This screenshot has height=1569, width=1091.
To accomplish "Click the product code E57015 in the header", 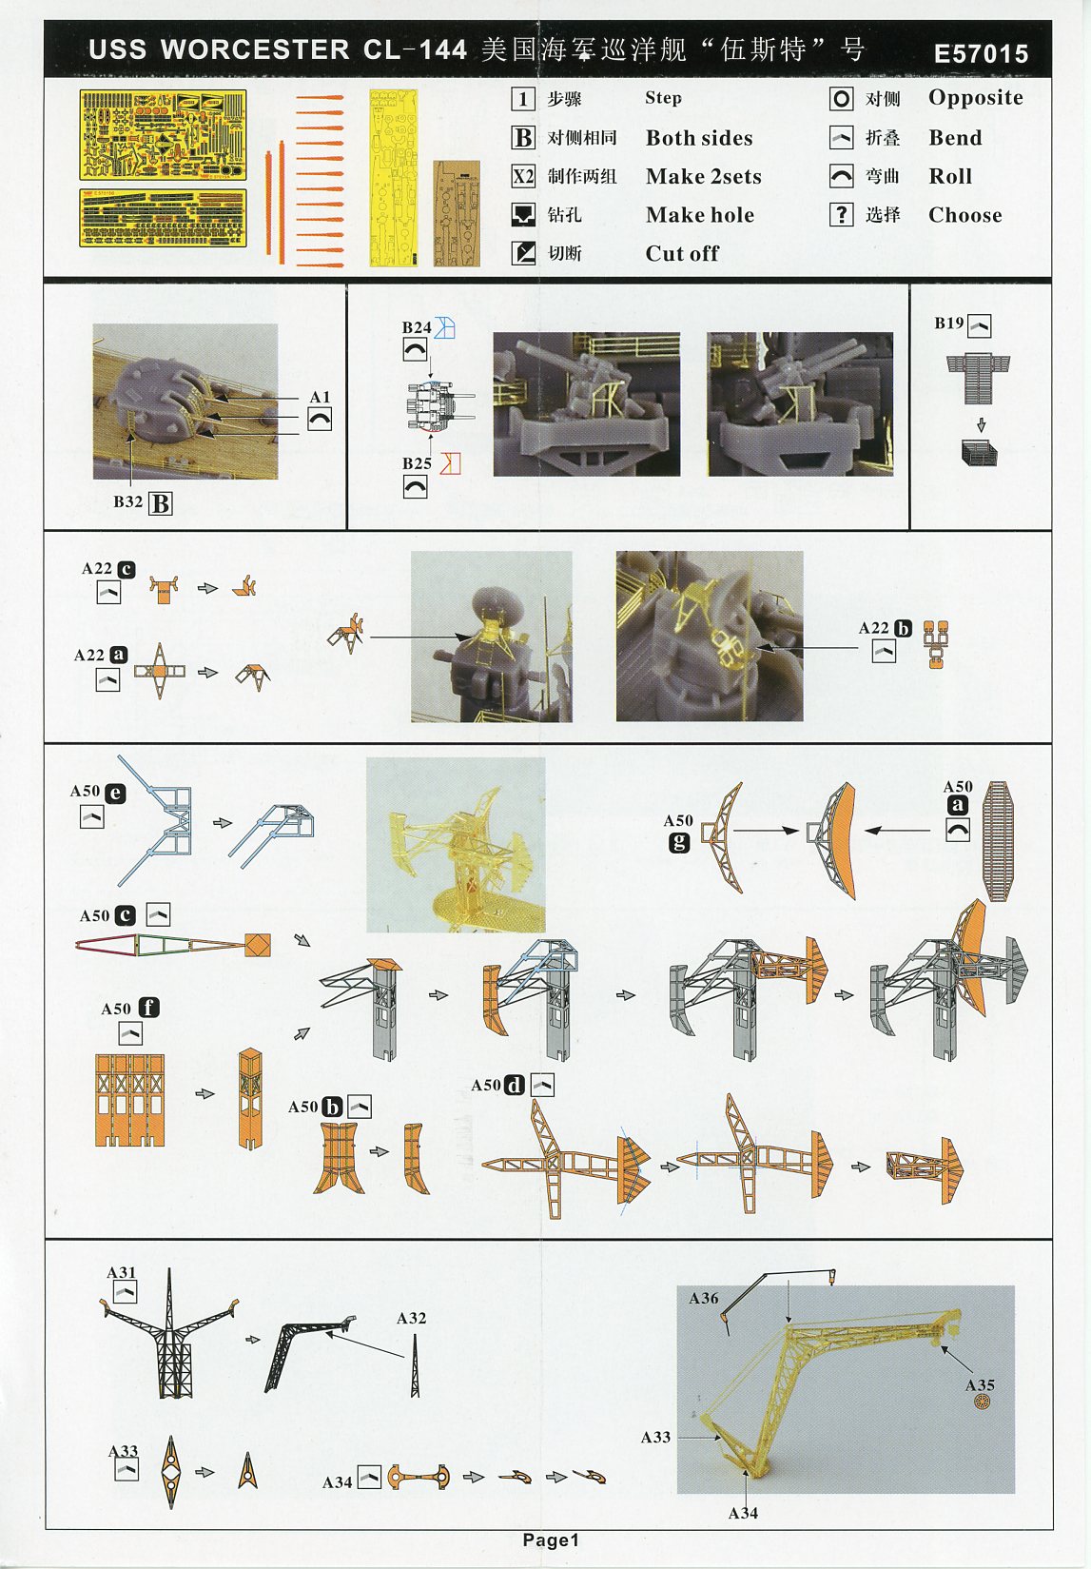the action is point(981,53).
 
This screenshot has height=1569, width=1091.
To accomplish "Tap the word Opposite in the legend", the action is point(976,98).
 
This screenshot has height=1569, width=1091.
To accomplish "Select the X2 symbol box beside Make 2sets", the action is point(523,177).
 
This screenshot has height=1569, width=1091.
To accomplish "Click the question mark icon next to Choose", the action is point(841,214).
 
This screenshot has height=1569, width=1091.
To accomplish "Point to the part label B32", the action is point(127,501).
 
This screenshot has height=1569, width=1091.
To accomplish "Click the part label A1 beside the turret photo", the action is point(320,397).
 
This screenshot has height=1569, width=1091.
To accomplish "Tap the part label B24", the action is point(417,327).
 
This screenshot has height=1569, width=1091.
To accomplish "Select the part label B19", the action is point(949,323).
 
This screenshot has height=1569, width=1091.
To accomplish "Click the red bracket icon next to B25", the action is point(450,463).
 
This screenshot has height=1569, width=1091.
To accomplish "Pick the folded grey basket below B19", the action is point(980,452).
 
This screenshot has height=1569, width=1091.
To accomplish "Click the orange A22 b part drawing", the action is point(936,644).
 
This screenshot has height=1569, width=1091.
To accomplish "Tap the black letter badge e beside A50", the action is point(115,793).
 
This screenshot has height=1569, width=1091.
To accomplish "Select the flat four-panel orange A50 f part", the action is point(130,1100).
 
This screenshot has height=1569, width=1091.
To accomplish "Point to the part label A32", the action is point(411,1318).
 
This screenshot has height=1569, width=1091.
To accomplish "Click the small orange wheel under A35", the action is point(984,1402).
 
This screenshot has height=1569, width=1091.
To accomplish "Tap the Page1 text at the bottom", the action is point(551,1540).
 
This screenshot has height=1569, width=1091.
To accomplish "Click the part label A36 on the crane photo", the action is point(703,1298).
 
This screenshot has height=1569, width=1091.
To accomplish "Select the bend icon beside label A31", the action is point(125,1291).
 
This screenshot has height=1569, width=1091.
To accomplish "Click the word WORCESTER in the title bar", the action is point(255,49).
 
